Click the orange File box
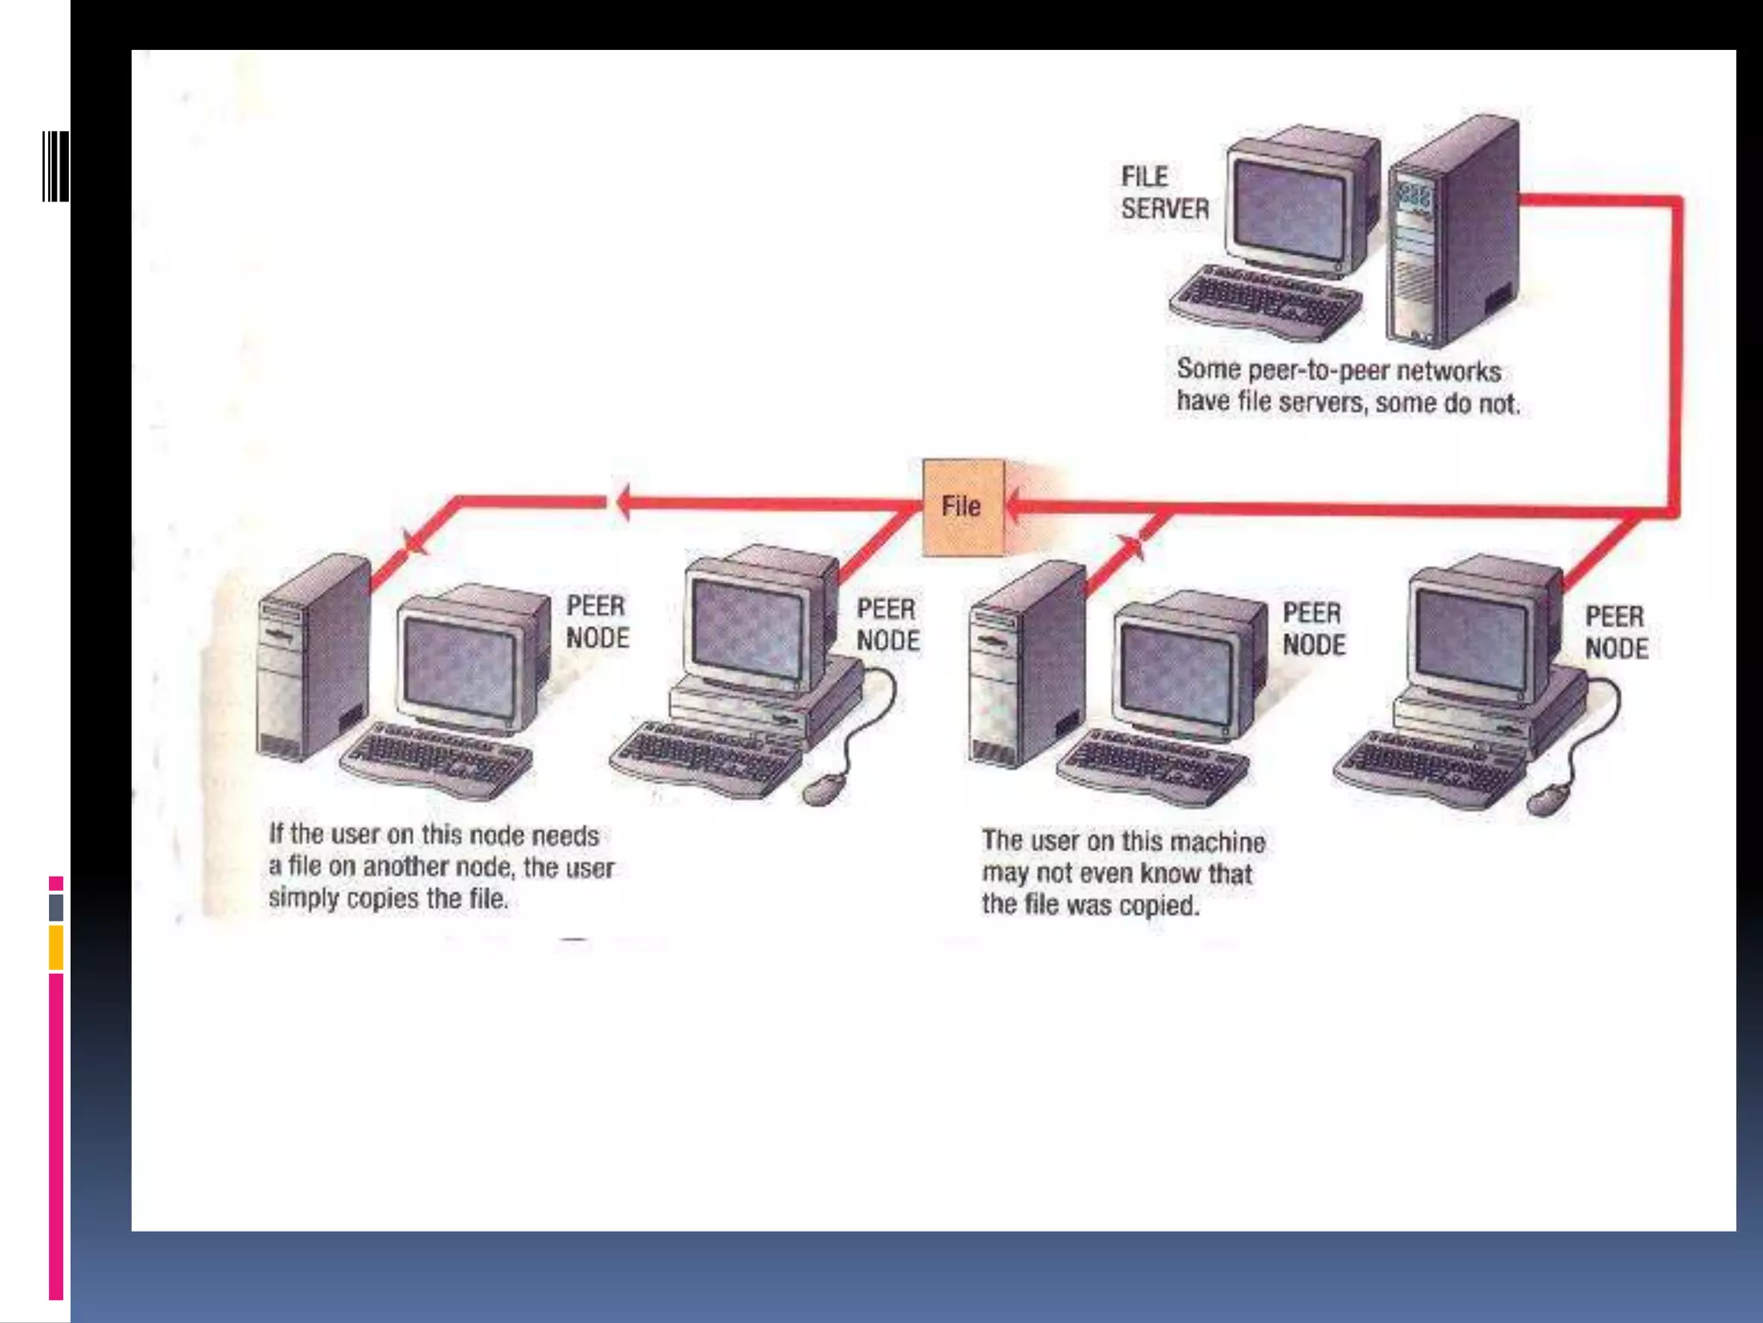pyautogui.click(x=962, y=506)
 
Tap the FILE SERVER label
pyautogui.click(x=1164, y=193)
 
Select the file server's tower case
pyautogui.click(x=1453, y=233)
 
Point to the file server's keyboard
pyautogui.click(x=1265, y=301)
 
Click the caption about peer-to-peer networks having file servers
pyautogui.click(x=1347, y=386)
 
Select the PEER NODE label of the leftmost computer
pyautogui.click(x=597, y=622)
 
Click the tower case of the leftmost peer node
pyautogui.click(x=314, y=659)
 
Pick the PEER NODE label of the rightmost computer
pyautogui.click(x=1616, y=632)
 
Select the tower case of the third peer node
pyautogui.click(x=1026, y=663)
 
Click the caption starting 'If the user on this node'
pyautogui.click(x=441, y=866)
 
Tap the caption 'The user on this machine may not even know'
pyautogui.click(x=1123, y=873)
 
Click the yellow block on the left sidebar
pyautogui.click(x=56, y=947)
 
